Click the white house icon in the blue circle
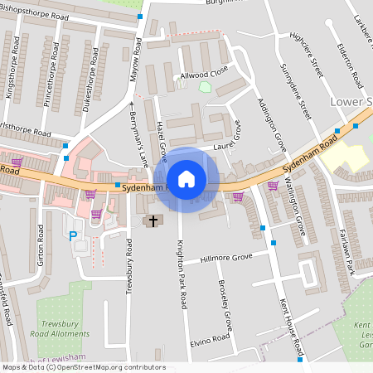186,179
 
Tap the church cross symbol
152,220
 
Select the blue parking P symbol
73,235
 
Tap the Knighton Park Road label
183,264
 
